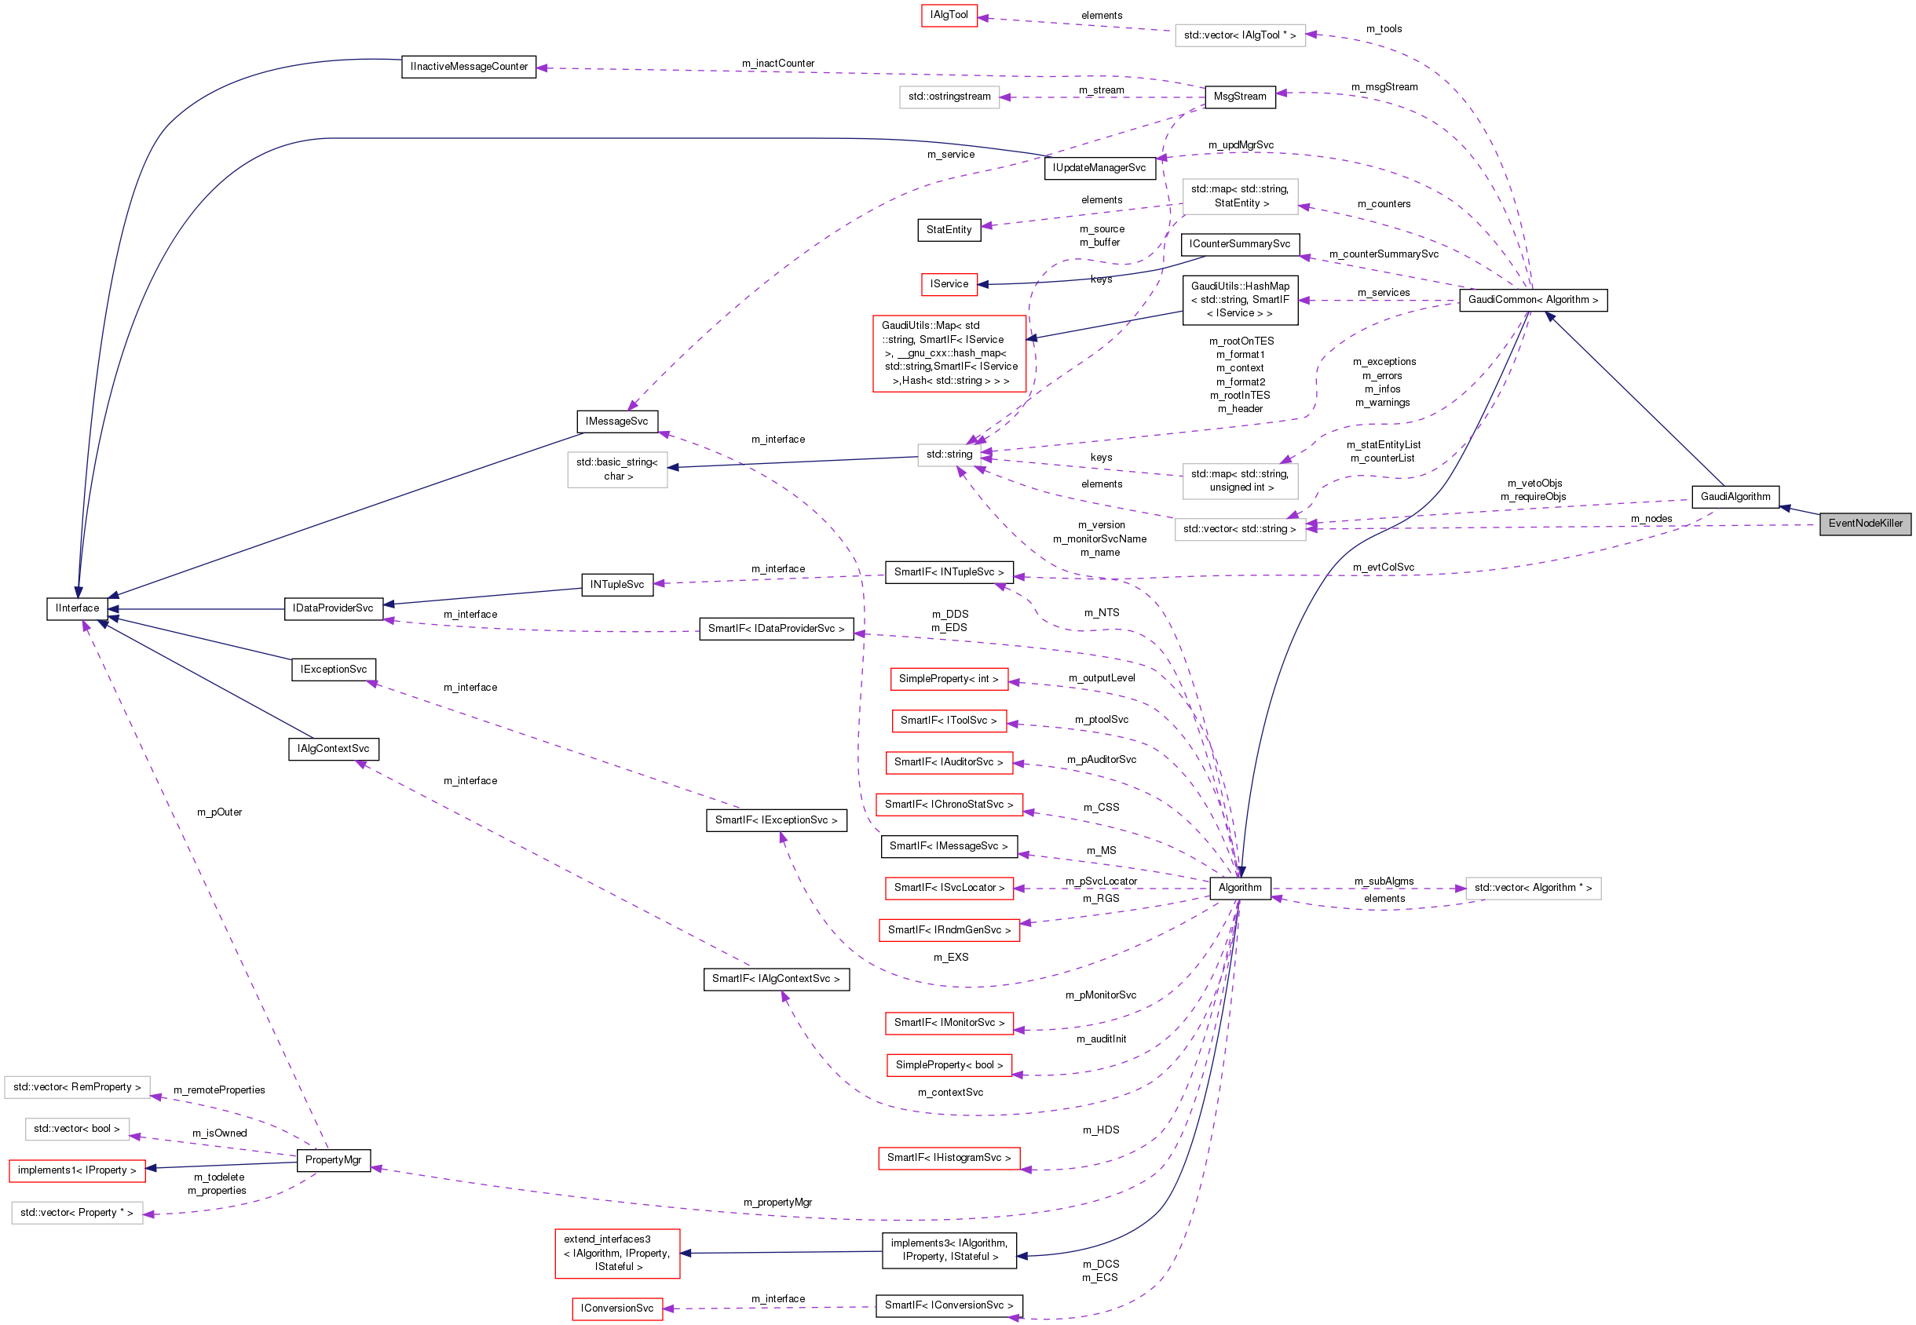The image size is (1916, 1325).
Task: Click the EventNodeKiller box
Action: (x=1864, y=524)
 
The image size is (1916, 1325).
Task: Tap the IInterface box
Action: (x=77, y=608)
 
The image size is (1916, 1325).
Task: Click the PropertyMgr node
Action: (x=333, y=1161)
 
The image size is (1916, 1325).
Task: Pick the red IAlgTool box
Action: (x=949, y=15)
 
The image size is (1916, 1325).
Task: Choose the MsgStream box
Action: (x=1239, y=97)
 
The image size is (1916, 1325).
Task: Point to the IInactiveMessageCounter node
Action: (x=469, y=68)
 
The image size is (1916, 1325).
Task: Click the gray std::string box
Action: (x=949, y=455)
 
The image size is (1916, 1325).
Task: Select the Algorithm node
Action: (x=1239, y=889)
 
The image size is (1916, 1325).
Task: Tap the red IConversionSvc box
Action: (x=617, y=1309)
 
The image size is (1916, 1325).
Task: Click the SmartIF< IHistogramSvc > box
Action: (x=949, y=1158)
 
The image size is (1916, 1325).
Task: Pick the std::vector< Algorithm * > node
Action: (x=1532, y=889)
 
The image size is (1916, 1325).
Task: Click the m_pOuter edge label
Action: (x=219, y=812)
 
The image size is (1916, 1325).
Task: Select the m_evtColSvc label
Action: (x=1383, y=568)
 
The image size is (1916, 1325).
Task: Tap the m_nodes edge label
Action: (x=1651, y=519)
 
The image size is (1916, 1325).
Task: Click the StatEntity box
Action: (x=949, y=230)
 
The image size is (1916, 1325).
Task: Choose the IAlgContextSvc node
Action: (x=333, y=749)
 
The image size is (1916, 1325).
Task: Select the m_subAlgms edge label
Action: (x=1384, y=882)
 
